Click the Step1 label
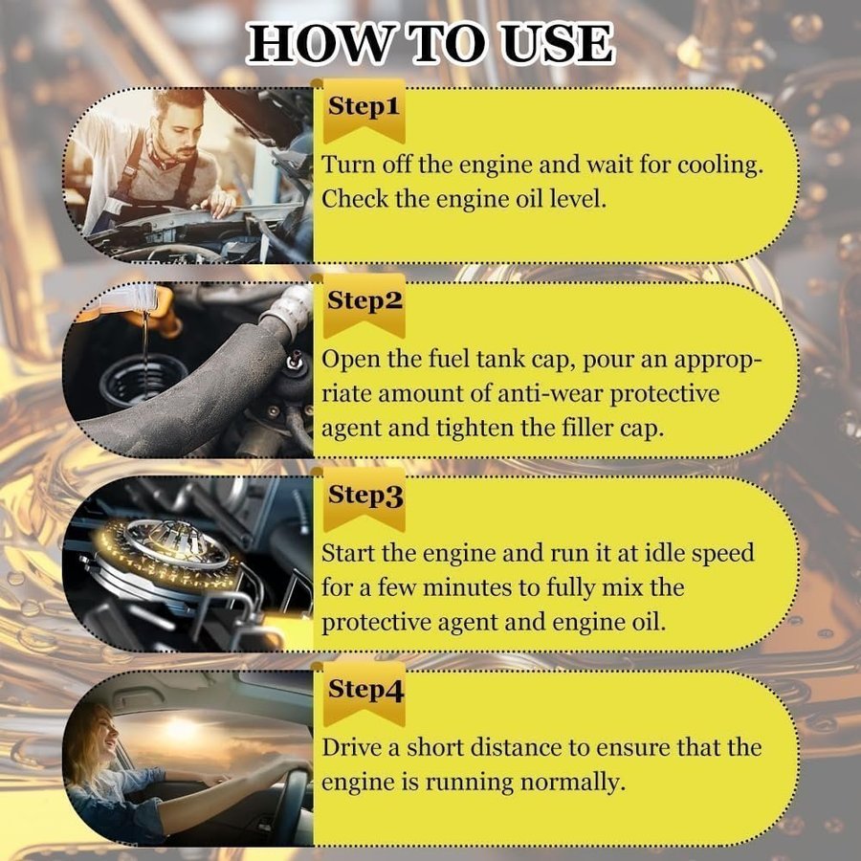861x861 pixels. pos(364,106)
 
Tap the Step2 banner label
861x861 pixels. pos(364,301)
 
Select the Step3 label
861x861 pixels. pos(365,496)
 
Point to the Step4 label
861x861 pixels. pos(365,690)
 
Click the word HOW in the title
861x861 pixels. pos(317,44)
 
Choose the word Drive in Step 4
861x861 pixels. pos(351,748)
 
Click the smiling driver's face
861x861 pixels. pos(105,734)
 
